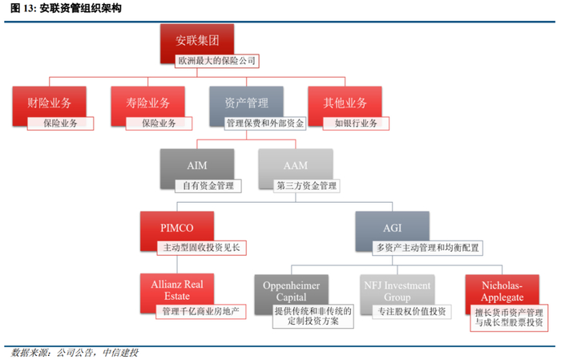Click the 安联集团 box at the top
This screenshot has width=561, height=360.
click(x=197, y=40)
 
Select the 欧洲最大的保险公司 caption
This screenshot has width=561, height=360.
click(x=217, y=61)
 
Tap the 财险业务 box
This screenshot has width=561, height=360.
click(x=50, y=103)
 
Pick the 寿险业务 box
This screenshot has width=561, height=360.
click(x=147, y=103)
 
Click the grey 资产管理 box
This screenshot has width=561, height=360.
click(x=247, y=103)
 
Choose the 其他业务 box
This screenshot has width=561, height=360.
click(x=345, y=103)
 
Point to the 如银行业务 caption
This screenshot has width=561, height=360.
click(x=356, y=123)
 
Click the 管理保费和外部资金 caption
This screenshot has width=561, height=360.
click(x=265, y=123)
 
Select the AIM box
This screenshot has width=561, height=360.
click(x=197, y=165)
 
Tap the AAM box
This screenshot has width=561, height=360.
click(x=296, y=165)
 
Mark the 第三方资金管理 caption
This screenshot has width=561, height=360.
click(x=307, y=186)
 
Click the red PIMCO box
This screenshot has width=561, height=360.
click(x=177, y=228)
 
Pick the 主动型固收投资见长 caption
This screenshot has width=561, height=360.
click(x=202, y=248)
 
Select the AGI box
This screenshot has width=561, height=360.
click(x=393, y=228)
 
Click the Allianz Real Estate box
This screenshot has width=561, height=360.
click(x=177, y=290)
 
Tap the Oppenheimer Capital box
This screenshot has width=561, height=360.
click(x=291, y=291)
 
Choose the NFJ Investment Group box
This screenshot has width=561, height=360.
click(x=398, y=291)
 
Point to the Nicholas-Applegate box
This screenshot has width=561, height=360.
click(x=502, y=291)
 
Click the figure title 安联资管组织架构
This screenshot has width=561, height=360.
click(x=80, y=8)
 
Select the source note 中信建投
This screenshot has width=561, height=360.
click(x=120, y=353)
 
